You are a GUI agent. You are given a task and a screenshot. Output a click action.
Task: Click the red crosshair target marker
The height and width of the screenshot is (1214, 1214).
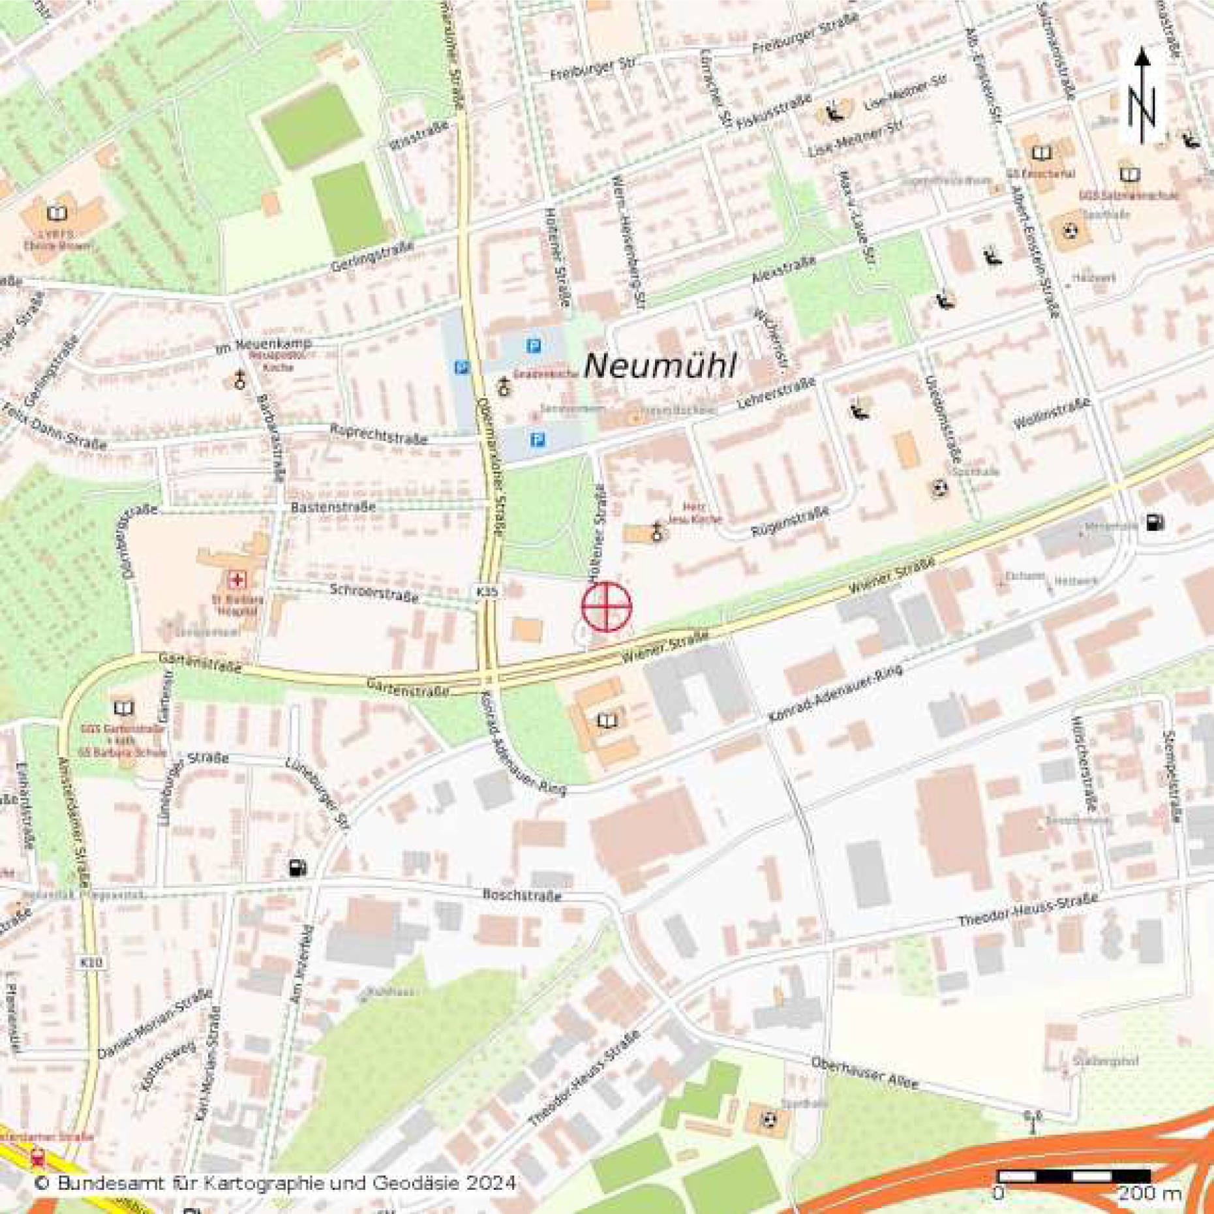[x=607, y=607]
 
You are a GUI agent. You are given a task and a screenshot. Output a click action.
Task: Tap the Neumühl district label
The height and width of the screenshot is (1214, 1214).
[x=660, y=366]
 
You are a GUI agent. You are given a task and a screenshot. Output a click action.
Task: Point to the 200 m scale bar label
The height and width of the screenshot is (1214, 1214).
[x=1149, y=1193]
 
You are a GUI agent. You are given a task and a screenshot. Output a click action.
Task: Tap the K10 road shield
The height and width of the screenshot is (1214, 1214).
[x=91, y=962]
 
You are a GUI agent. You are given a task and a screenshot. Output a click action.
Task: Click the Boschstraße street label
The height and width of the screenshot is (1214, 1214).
[x=521, y=895]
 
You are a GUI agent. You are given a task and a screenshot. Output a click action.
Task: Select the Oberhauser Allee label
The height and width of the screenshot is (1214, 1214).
[x=864, y=1073]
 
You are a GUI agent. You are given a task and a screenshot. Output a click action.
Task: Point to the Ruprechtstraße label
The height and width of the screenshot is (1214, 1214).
[x=378, y=434]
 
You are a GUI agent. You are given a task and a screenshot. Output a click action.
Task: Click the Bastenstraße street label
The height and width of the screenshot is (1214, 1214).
[x=333, y=507]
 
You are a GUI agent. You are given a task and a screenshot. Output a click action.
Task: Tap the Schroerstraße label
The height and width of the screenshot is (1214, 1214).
[x=374, y=593]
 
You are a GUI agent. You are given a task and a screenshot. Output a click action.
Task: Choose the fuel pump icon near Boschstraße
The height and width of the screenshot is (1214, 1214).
[x=298, y=868]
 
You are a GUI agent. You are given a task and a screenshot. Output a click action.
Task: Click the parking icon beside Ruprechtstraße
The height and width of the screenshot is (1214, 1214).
[x=537, y=441]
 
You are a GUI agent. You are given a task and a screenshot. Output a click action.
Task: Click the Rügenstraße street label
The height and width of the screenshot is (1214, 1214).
[x=790, y=522]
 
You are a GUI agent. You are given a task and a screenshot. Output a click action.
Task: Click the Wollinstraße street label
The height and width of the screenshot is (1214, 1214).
[x=1051, y=414]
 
